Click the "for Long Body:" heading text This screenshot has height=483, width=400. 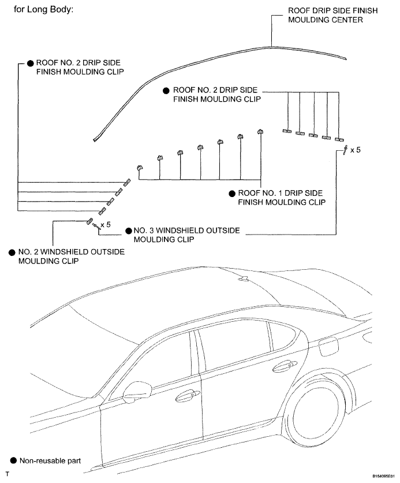[x=43, y=9]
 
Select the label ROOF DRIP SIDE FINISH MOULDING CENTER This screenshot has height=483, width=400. [x=332, y=15]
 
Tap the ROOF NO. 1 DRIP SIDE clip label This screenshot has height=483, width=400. [x=282, y=198]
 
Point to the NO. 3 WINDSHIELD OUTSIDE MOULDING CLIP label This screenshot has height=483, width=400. [x=186, y=235]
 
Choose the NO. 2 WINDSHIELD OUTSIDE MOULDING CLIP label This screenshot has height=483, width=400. [x=72, y=257]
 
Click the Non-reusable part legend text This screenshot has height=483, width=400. [x=50, y=461]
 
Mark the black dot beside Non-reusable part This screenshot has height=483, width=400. [x=13, y=460]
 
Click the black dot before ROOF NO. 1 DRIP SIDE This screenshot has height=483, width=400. [x=232, y=194]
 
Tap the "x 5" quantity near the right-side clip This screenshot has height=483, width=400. [x=355, y=150]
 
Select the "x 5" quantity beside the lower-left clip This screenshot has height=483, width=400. [x=106, y=225]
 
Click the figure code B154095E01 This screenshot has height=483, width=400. [x=383, y=476]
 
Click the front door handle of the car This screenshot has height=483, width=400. [x=188, y=395]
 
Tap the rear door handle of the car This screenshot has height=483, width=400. [x=285, y=365]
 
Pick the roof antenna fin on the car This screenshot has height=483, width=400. [x=245, y=278]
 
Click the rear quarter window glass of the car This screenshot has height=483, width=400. [x=282, y=335]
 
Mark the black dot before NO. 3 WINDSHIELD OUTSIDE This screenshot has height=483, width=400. [x=129, y=231]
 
